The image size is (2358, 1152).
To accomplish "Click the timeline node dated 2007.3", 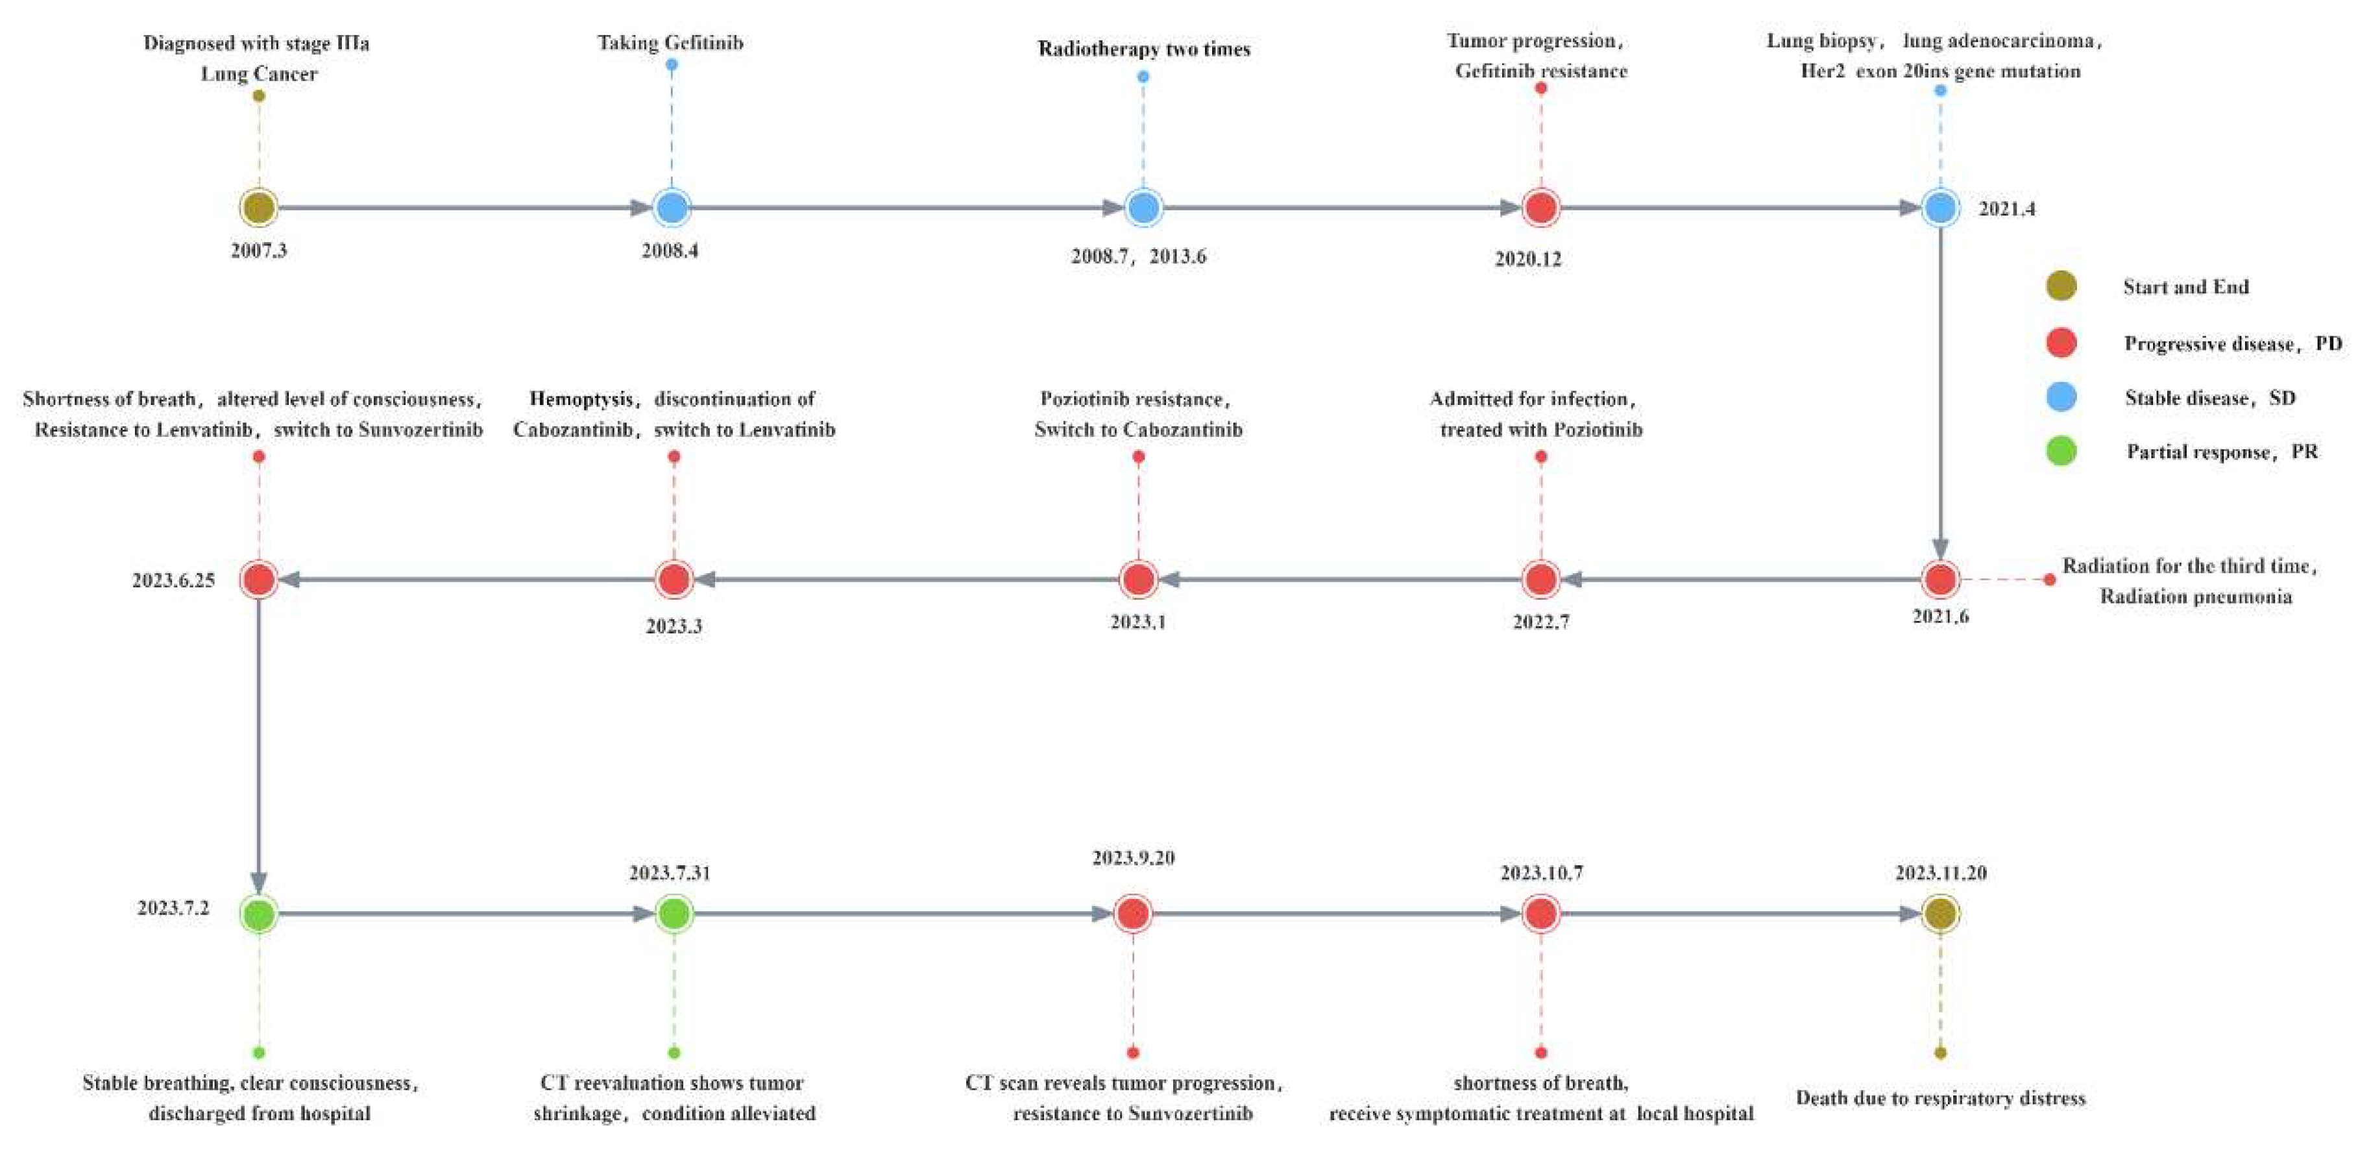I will [259, 208].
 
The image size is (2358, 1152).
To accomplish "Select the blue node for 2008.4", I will [672, 208].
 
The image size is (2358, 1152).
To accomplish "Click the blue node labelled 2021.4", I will [1939, 208].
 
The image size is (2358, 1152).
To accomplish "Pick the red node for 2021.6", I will [1939, 579].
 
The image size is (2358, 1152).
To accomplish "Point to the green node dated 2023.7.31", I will [674, 913].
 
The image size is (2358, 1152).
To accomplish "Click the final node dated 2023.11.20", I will [1939, 913].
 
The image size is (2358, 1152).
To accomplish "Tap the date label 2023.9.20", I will [1133, 858].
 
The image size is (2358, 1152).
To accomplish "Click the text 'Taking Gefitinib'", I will [670, 42].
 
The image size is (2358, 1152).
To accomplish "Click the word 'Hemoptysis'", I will [580, 399].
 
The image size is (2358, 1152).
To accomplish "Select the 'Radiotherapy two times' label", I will [1143, 49].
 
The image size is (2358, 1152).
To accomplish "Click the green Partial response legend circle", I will [2061, 450].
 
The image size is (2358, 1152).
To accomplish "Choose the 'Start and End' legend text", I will [2185, 287].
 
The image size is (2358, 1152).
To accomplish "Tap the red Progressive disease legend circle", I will [2061, 343].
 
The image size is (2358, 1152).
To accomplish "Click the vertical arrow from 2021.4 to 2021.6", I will [1939, 385].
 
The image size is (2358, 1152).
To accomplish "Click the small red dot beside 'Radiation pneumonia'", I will [2050, 579].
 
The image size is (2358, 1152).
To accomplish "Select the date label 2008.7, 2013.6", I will [1138, 256].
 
